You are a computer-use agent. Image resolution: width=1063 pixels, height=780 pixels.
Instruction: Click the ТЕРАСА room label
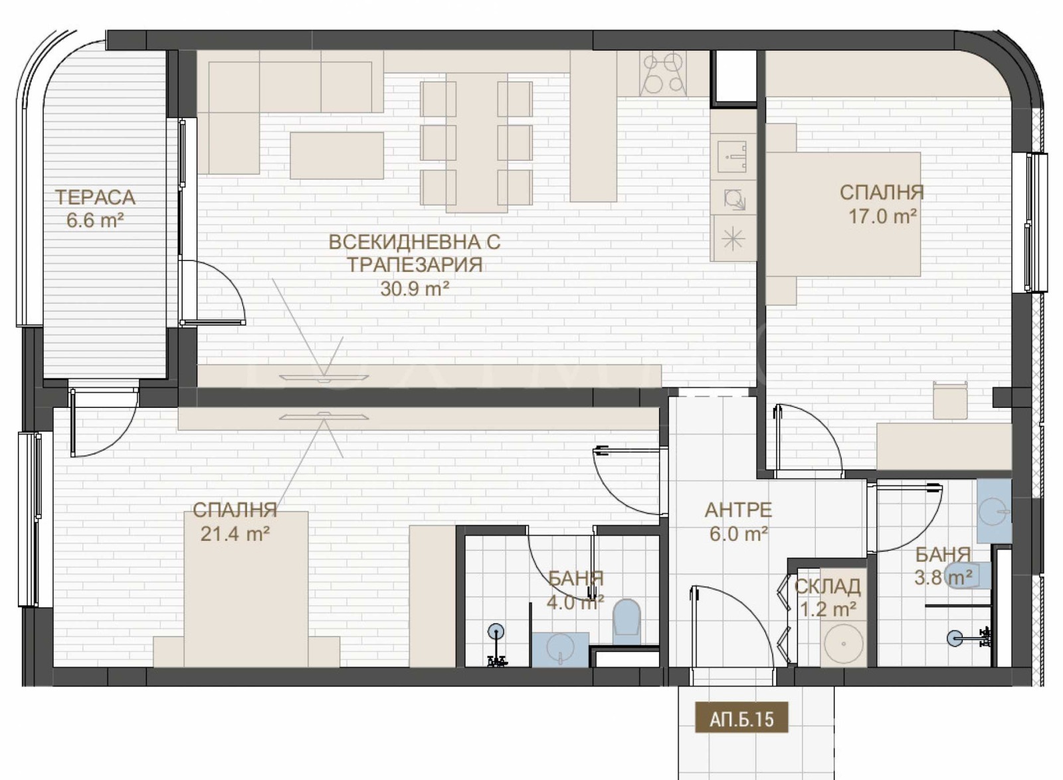96,197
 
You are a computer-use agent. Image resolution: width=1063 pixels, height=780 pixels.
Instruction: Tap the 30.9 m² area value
415,288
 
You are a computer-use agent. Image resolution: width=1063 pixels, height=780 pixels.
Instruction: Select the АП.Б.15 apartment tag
741,719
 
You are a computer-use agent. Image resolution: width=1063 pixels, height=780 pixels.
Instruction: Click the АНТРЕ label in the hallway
738,510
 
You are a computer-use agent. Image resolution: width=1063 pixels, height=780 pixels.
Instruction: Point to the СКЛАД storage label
827,587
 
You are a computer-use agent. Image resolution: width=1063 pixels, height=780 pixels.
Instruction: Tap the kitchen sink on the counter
733,157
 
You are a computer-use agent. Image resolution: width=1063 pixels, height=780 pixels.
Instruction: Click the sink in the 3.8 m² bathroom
994,511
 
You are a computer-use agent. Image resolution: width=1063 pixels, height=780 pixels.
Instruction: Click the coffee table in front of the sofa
336,155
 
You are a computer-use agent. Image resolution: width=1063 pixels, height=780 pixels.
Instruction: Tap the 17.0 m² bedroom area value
882,217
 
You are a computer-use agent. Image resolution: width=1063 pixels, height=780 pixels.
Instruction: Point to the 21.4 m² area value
235,534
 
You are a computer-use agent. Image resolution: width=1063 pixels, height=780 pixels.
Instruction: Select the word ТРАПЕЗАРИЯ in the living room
415,264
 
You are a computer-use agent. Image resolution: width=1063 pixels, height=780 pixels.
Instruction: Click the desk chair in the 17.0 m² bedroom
949,399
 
